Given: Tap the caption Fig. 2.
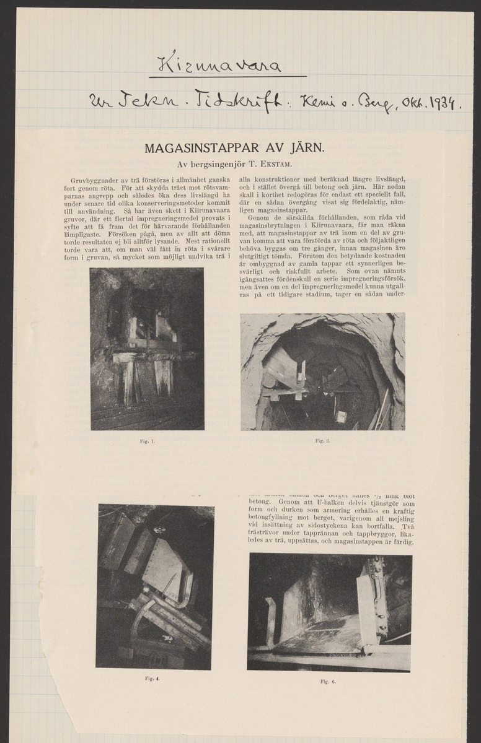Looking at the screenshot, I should click(322, 441).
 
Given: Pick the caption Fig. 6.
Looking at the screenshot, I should click(328, 682).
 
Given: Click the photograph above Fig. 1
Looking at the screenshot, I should click(147, 349).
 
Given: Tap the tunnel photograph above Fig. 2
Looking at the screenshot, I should click(322, 371).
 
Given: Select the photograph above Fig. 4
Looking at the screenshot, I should click(154, 586).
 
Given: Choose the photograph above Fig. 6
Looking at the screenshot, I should click(329, 612).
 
